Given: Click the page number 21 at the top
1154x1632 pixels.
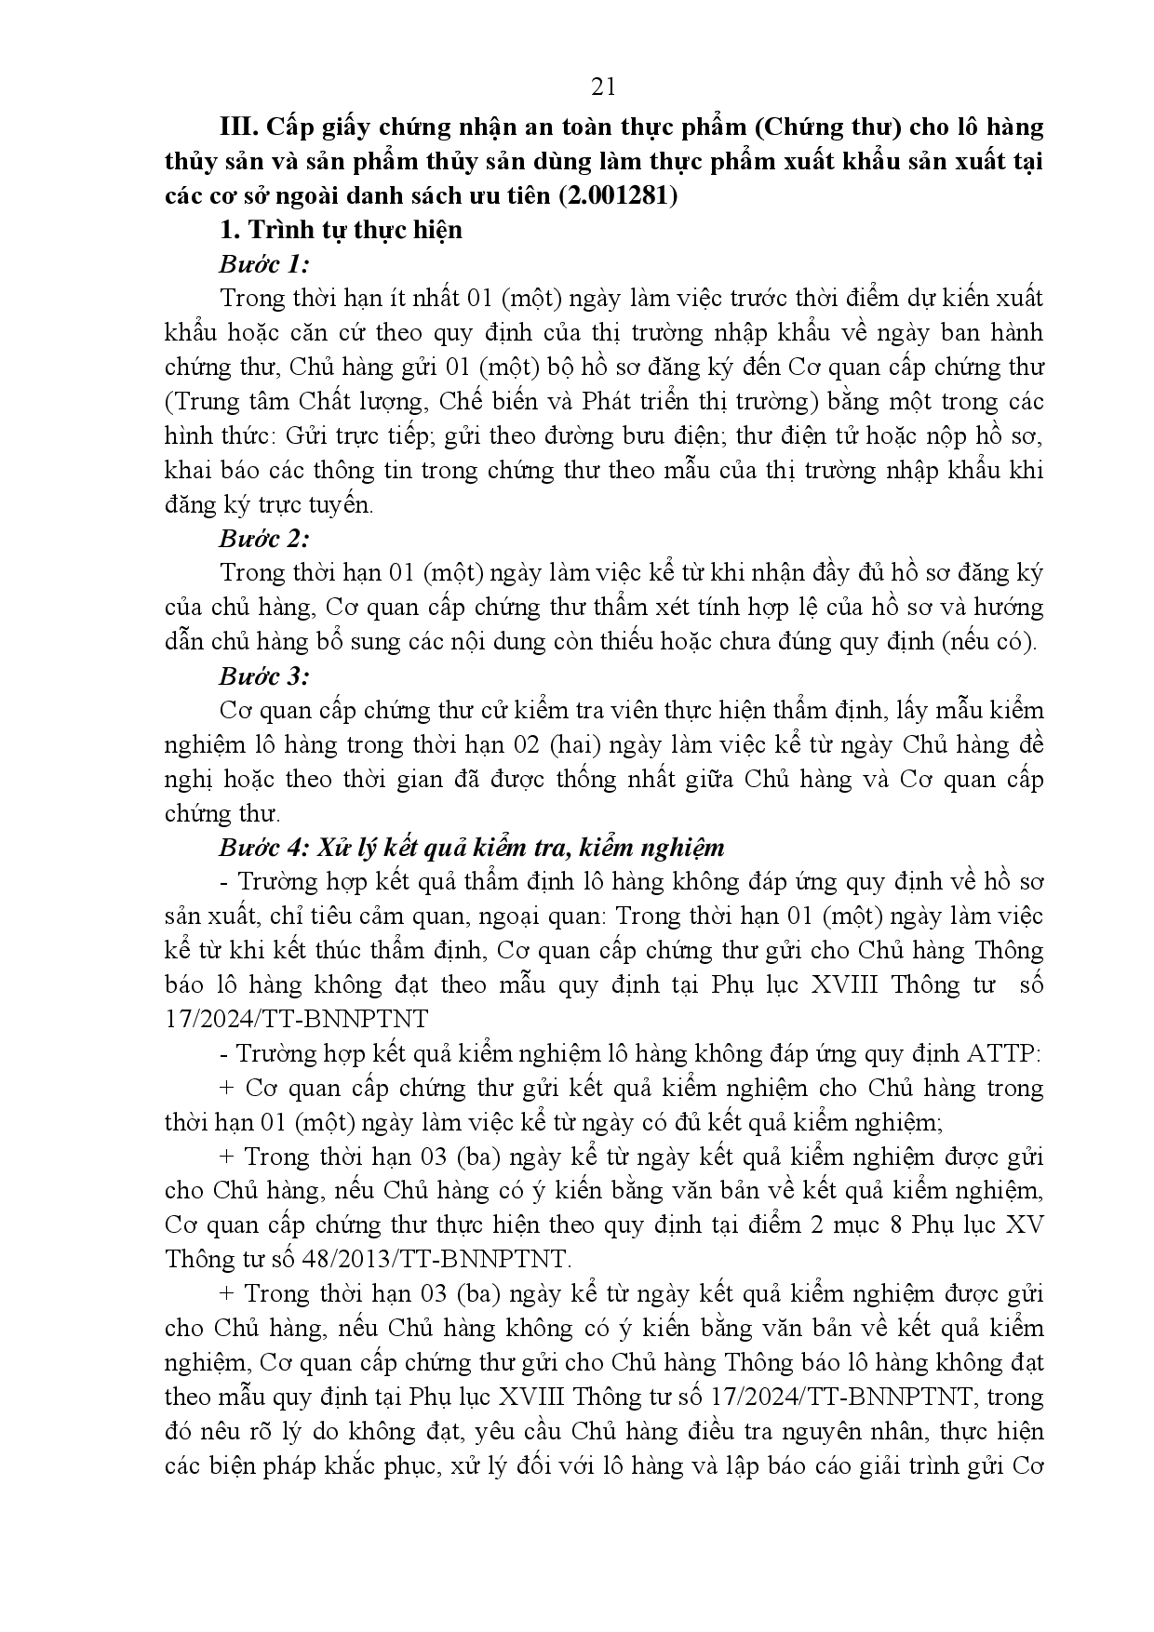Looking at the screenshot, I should [x=603, y=87].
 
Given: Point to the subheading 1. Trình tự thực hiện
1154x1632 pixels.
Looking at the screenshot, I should [x=341, y=230].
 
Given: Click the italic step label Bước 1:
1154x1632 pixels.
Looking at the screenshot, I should [x=263, y=264].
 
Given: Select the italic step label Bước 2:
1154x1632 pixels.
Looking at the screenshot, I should [x=263, y=539].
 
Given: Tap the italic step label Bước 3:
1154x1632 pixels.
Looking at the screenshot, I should [x=263, y=676].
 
